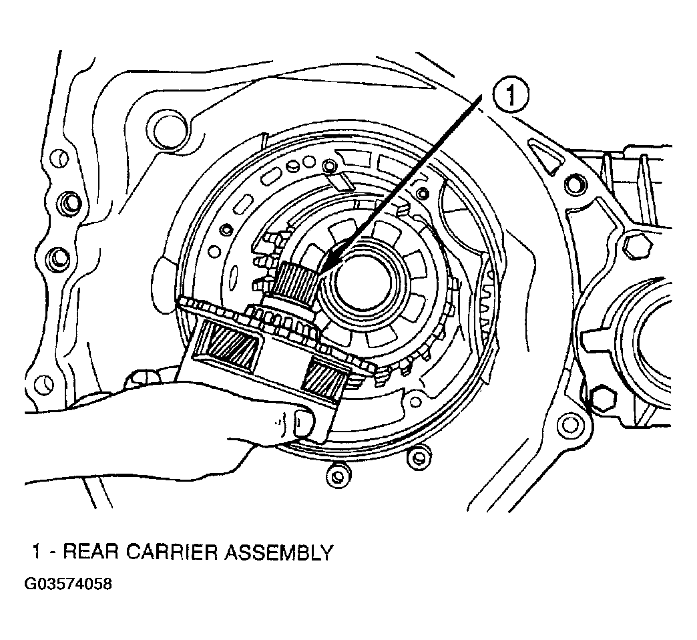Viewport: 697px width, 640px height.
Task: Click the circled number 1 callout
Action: point(510,96)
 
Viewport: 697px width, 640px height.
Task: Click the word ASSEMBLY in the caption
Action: point(278,552)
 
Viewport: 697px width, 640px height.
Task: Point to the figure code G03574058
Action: point(68,583)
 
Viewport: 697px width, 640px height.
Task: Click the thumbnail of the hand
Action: point(304,422)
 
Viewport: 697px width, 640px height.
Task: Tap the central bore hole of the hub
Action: point(365,284)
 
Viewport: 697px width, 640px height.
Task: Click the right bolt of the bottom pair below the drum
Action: point(419,457)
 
